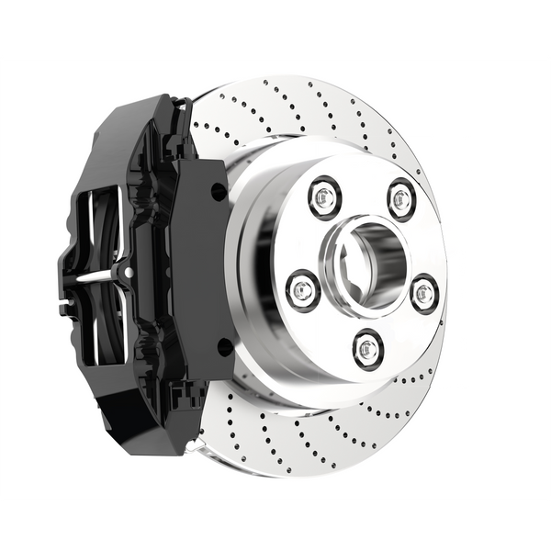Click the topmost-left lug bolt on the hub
coord(324,196)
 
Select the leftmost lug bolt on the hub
coord(301,289)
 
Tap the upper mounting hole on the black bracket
coord(217,191)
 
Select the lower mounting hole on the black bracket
coord(222,346)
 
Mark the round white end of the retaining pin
coord(128,273)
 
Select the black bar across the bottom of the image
coord(275,526)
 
